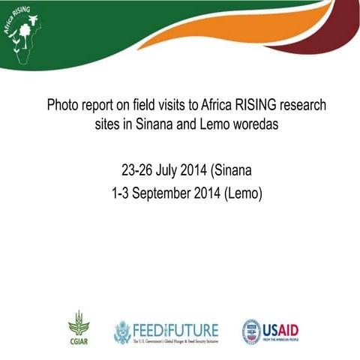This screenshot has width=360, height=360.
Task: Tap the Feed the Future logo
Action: point(166,331)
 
